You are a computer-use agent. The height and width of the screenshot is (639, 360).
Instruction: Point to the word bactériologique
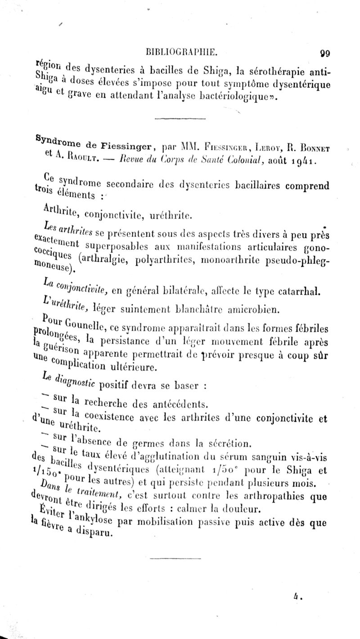click(241, 95)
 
